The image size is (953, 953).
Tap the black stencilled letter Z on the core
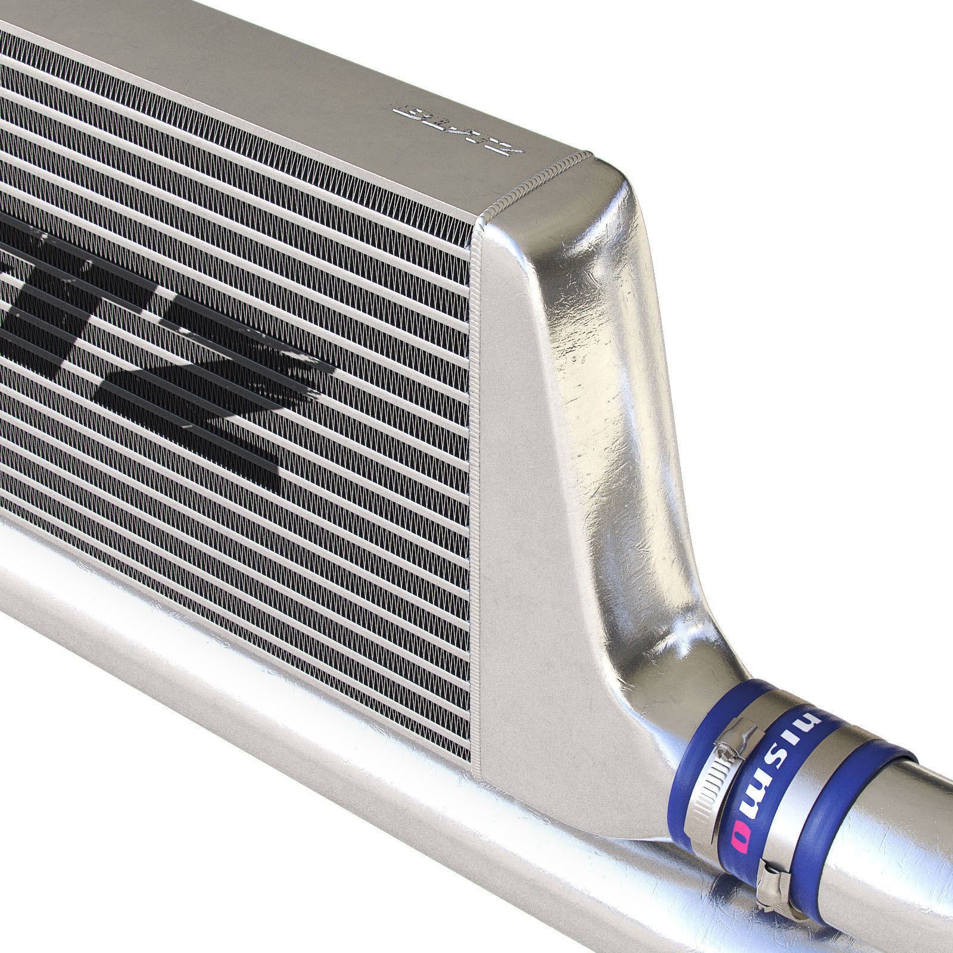(238, 381)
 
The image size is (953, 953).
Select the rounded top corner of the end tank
(613, 179)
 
